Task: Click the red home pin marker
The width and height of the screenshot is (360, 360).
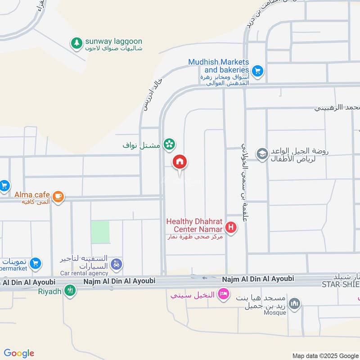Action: point(180,162)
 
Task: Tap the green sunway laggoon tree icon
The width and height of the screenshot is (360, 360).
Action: point(76,43)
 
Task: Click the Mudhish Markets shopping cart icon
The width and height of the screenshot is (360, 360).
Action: point(257,70)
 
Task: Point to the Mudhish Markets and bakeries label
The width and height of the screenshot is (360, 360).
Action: point(219,66)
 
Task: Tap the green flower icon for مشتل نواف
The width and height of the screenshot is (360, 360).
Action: point(169,144)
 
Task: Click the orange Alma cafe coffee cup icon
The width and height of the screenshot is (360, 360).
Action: point(58,196)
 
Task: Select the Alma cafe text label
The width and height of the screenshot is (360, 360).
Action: point(31,195)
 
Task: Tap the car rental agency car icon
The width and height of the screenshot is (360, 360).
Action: point(117,265)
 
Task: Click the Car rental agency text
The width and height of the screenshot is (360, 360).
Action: point(85,273)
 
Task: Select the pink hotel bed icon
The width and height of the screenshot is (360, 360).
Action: point(222,295)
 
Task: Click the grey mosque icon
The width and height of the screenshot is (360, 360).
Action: point(294,304)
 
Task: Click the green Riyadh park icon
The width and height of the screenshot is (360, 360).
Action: point(70,290)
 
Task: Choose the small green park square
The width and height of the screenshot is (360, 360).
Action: point(100,232)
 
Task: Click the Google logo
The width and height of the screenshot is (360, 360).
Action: point(19,353)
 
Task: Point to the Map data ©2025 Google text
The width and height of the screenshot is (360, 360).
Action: point(325,355)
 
